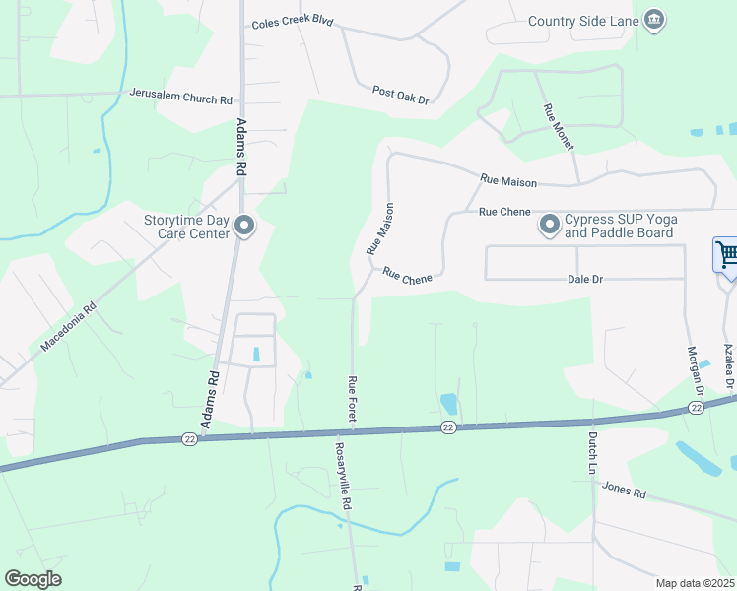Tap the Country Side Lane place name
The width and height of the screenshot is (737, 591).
pos(583,22)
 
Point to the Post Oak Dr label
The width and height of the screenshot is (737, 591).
pos(401,95)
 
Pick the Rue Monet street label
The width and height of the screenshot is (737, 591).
pos(558,127)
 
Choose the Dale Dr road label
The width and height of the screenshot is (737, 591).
pos(585,280)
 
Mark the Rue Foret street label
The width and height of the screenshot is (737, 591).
pos(352,400)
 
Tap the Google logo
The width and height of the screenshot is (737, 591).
pos(33,579)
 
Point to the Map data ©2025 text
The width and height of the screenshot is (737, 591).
pos(695,583)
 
